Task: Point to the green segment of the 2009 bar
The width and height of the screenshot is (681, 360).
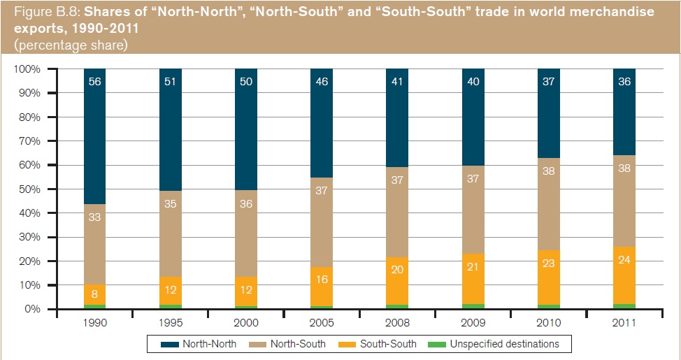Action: click(x=473, y=306)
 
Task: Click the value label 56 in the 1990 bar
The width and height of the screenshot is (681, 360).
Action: click(x=95, y=81)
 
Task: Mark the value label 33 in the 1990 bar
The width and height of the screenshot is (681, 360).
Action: click(x=95, y=217)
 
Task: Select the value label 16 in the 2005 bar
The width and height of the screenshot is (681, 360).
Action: click(x=322, y=279)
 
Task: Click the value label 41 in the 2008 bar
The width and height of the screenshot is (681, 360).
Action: click(x=397, y=81)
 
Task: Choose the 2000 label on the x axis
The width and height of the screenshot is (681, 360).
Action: click(x=246, y=324)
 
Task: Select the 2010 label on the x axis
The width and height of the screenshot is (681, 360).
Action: click(x=549, y=324)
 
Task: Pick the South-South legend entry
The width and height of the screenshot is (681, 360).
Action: click(x=380, y=344)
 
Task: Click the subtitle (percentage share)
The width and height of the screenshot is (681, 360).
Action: click(x=66, y=45)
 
